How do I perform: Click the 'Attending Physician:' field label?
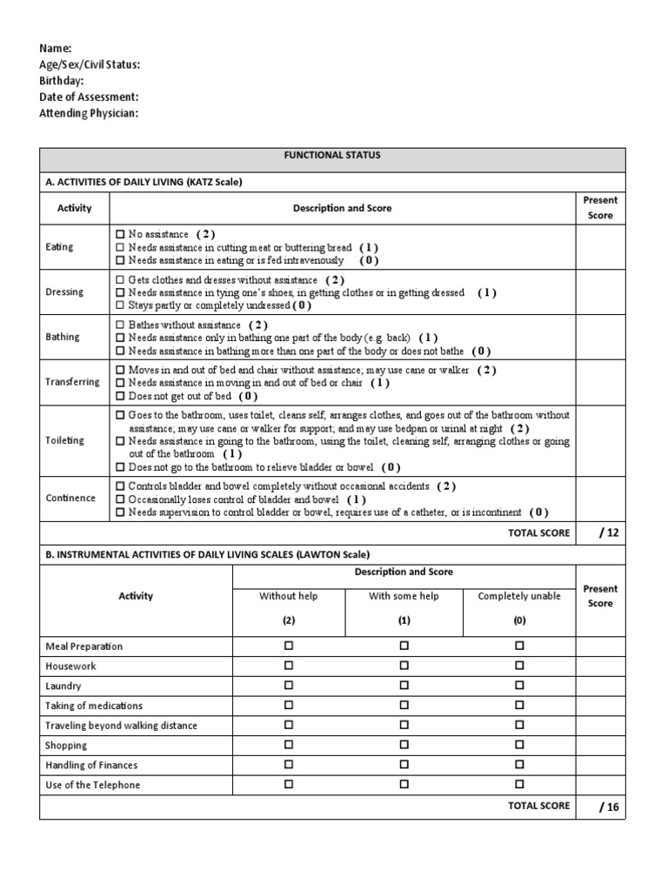(x=89, y=114)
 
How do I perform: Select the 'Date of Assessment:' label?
(x=89, y=97)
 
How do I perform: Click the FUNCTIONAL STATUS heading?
(x=331, y=156)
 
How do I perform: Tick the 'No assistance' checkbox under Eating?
(x=120, y=234)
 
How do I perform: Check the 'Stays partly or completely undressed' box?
(x=120, y=305)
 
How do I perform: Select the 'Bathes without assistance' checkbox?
(x=120, y=325)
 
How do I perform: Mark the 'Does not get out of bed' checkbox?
(x=120, y=396)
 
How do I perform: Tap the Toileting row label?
(x=64, y=440)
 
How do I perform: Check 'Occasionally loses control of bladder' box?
(x=120, y=499)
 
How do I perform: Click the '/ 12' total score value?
(x=608, y=533)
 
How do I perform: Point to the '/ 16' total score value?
(x=608, y=807)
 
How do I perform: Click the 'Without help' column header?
(x=289, y=596)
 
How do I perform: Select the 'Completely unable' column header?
(x=519, y=596)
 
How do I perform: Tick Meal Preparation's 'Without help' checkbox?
(x=289, y=646)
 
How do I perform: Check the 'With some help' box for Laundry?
(x=404, y=686)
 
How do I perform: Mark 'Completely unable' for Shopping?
(x=519, y=745)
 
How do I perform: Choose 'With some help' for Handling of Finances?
(x=404, y=765)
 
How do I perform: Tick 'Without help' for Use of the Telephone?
(x=289, y=785)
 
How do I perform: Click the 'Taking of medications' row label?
(x=94, y=706)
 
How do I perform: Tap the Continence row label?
(x=70, y=499)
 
